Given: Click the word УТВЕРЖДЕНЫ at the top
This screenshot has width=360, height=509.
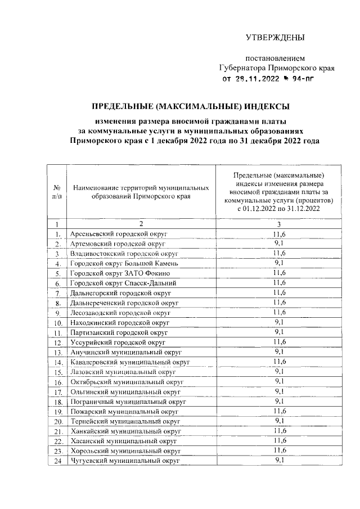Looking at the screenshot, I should (275, 38).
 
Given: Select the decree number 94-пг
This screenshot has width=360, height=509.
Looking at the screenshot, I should (299, 79).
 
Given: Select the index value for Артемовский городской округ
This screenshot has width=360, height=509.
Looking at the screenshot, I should (278, 243).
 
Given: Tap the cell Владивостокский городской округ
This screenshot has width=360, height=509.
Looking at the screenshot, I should (124, 253).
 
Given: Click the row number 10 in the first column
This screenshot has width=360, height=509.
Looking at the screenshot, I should (57, 324).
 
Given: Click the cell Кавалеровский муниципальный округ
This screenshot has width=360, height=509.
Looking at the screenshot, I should (130, 362).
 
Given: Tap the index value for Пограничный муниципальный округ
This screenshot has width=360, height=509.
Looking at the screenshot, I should (278, 401).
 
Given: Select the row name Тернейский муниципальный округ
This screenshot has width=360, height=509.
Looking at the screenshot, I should (125, 421).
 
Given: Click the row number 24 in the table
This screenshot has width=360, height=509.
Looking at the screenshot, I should (57, 461).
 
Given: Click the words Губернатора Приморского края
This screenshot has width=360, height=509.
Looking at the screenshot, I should (277, 68).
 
